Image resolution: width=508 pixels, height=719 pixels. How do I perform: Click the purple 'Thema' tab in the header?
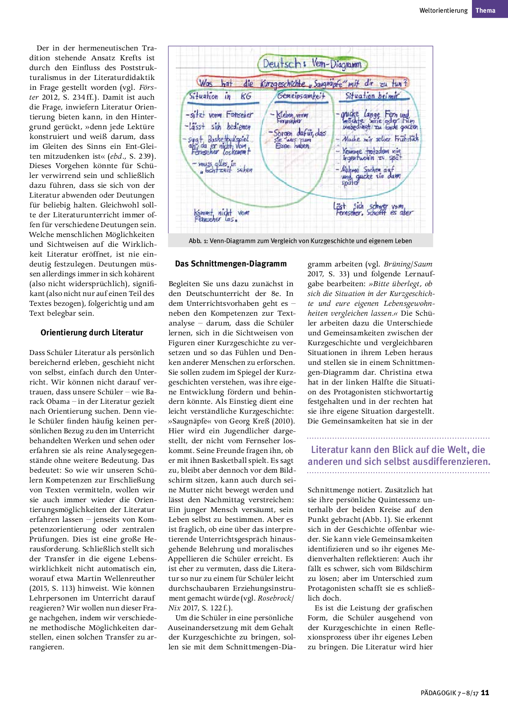485,11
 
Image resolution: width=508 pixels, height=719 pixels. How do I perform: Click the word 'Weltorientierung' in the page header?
443,11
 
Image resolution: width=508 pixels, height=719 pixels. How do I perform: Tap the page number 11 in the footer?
485,693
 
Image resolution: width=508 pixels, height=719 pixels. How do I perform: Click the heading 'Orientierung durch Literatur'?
92,332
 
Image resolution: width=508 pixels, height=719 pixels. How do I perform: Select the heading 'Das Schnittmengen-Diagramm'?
231,264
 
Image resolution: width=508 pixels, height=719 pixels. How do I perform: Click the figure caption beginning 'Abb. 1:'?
300,241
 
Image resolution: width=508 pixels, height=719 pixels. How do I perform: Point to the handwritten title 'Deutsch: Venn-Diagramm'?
312,64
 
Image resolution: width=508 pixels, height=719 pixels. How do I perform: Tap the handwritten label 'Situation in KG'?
220,97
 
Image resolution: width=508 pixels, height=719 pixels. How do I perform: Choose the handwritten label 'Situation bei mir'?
372,96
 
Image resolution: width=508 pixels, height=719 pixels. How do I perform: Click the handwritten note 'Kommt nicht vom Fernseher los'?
221,215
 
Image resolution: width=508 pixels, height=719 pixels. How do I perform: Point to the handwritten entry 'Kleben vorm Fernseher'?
291,117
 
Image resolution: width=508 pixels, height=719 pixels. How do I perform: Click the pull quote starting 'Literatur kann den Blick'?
399,455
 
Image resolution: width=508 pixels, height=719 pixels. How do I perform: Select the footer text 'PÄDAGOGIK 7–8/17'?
449,693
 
